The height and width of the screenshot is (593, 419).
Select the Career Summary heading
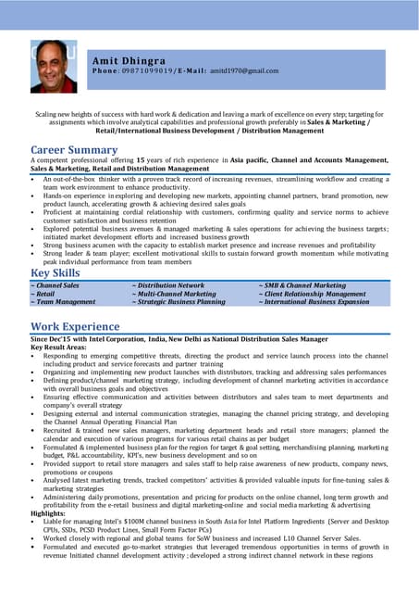coord(74,149)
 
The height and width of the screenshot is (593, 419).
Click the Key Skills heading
coord(55,272)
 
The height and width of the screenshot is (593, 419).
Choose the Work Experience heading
coord(75,326)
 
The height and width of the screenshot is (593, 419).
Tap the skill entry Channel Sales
coord(56,286)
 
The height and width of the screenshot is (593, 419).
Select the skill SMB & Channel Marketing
coord(302,286)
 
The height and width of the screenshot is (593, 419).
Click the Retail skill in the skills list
coord(45,294)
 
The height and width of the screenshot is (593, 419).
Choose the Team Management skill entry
coord(64,302)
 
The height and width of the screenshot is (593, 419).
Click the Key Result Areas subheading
coord(63,348)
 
